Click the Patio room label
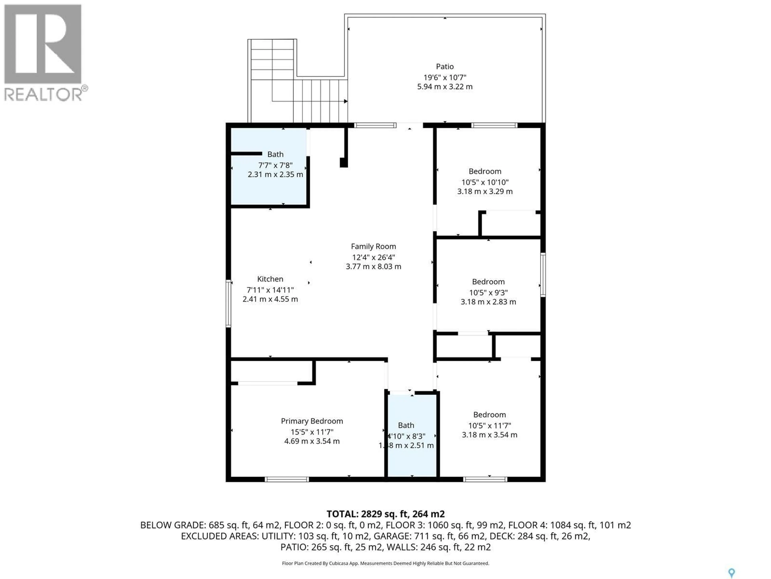[445, 66]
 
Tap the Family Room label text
[373, 246]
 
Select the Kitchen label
[270, 279]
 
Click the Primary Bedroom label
[312, 421]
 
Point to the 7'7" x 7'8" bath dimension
[275, 165]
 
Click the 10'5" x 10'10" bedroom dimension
[485, 182]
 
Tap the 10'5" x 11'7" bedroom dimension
[489, 425]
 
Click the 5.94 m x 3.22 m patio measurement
[445, 87]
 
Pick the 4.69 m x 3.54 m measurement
[312, 441]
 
